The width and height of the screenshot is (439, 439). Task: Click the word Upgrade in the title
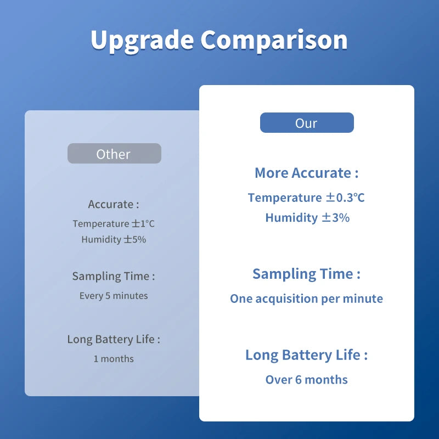coord(142,40)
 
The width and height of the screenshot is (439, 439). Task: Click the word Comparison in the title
coord(274,40)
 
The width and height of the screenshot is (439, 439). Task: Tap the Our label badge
coord(307,123)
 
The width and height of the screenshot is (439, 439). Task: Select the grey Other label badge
coord(114,154)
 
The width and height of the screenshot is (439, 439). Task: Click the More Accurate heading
coord(306,173)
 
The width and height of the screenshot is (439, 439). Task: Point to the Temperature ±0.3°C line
coord(306,198)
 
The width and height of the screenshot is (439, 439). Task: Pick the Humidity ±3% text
coord(307,218)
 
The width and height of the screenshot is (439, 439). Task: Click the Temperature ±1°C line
coord(114,224)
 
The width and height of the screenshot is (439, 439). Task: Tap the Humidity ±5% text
coord(114,240)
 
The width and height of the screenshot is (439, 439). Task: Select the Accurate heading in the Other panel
coord(114,204)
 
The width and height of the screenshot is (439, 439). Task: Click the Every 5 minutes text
coord(114,296)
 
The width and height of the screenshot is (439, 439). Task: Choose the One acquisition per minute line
coord(306,299)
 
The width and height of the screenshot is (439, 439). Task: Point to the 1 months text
coord(114,359)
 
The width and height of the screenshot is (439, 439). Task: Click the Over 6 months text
coord(306,380)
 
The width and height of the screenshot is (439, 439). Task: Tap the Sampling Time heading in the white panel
coord(306,274)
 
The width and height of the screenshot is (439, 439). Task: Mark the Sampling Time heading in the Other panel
coord(114,276)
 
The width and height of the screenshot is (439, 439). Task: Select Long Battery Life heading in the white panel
coord(306,355)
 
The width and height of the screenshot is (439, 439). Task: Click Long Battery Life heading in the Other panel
coord(114,339)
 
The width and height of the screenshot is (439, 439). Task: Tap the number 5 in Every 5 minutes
coord(108,296)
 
